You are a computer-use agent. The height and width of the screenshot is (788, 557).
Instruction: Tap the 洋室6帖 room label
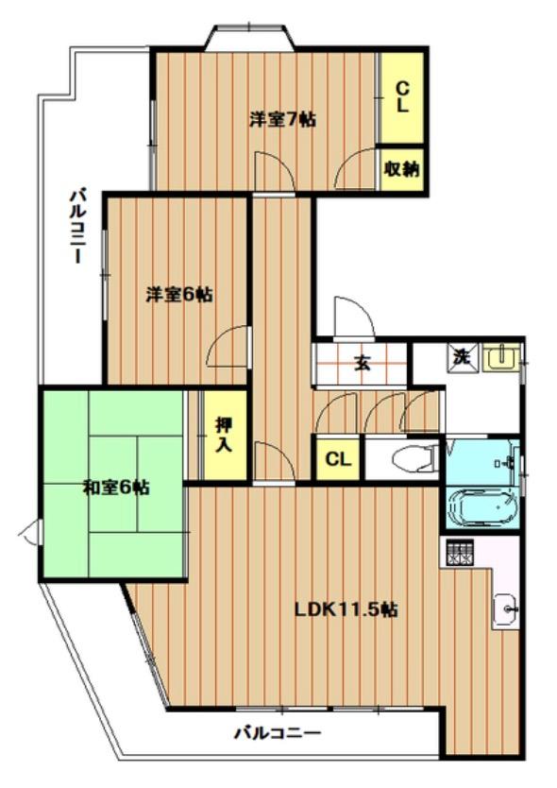178,295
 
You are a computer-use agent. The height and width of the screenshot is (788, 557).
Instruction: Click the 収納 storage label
401,170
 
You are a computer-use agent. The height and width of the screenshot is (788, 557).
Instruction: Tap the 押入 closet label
223,434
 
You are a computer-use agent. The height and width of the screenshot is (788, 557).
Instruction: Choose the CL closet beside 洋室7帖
401,96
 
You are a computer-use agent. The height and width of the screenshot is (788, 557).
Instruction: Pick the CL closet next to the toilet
337,460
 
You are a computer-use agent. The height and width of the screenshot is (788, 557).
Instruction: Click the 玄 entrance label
362,362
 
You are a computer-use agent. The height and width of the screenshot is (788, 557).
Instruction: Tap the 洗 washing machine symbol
462,358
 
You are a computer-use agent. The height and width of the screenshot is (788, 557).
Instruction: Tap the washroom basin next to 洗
499,357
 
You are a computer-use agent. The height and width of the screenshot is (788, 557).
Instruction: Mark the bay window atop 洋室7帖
250,38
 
